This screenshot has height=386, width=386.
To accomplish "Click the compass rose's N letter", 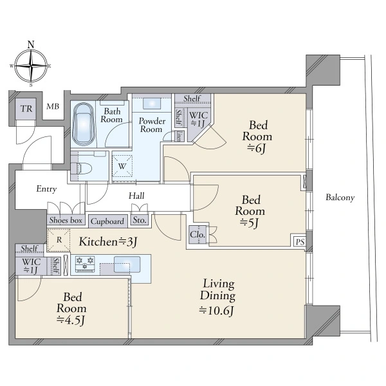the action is pos(31,45).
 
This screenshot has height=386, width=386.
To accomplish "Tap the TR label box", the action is pos(26,109).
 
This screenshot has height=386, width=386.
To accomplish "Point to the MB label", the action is pos(53,106).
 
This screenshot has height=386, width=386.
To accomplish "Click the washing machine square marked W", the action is pos(122,166).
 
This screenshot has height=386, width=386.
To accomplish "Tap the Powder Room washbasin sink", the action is pos(152,104).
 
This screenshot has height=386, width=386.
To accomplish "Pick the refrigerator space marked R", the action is pos(59,240).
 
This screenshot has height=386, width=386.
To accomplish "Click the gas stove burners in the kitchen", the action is pos(85,264).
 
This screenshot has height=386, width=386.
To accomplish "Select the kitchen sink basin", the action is pos(127,264).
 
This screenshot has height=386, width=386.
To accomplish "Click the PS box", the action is pos(300,242).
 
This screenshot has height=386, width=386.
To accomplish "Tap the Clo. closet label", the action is pos(198,235).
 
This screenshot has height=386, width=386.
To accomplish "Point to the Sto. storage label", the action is pos(140,220).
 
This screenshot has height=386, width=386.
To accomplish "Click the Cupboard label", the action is pos(107,221).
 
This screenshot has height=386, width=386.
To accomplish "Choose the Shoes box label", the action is pos(66,220).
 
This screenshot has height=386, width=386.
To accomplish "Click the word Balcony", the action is pos(340,198).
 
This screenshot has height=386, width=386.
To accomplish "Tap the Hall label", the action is pos(136,196).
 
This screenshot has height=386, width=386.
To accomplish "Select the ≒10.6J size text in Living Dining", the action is pos(216,311).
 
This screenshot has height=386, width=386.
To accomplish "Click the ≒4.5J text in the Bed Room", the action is pos(71,320).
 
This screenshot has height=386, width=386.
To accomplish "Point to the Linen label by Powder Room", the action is pos(179,136).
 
